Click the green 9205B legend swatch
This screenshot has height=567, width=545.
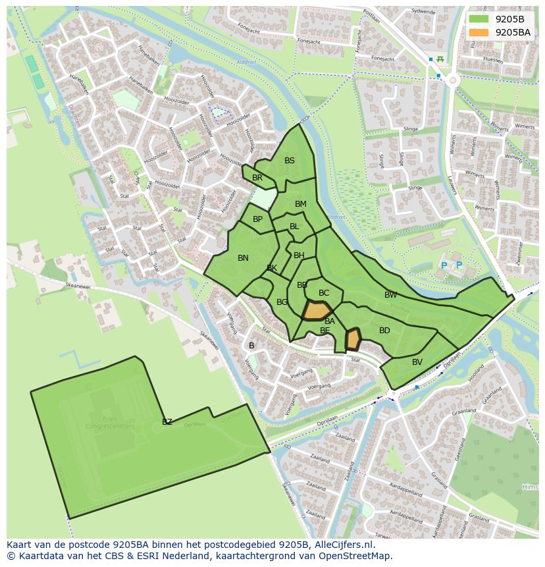coord(480,19)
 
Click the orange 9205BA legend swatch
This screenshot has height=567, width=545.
coord(480,32)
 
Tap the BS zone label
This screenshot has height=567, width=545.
coord(290,161)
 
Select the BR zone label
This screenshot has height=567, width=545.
coord(257,178)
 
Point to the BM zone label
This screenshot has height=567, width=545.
coord(301,204)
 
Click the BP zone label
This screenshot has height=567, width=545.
coord(258,219)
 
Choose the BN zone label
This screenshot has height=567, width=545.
coord(243,258)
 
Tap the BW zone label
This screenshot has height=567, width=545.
coord(391,295)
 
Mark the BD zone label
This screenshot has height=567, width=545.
coord(384,331)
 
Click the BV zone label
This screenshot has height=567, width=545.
coord(417,362)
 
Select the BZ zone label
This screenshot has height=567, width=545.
coord(167,422)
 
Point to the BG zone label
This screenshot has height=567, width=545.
coord(282,302)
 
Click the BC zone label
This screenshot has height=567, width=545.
coord(324,293)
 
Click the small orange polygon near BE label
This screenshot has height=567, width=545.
coord(353,339)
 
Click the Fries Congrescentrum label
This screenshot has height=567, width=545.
coord(109,422)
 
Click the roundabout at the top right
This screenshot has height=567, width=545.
coord(452,80)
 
